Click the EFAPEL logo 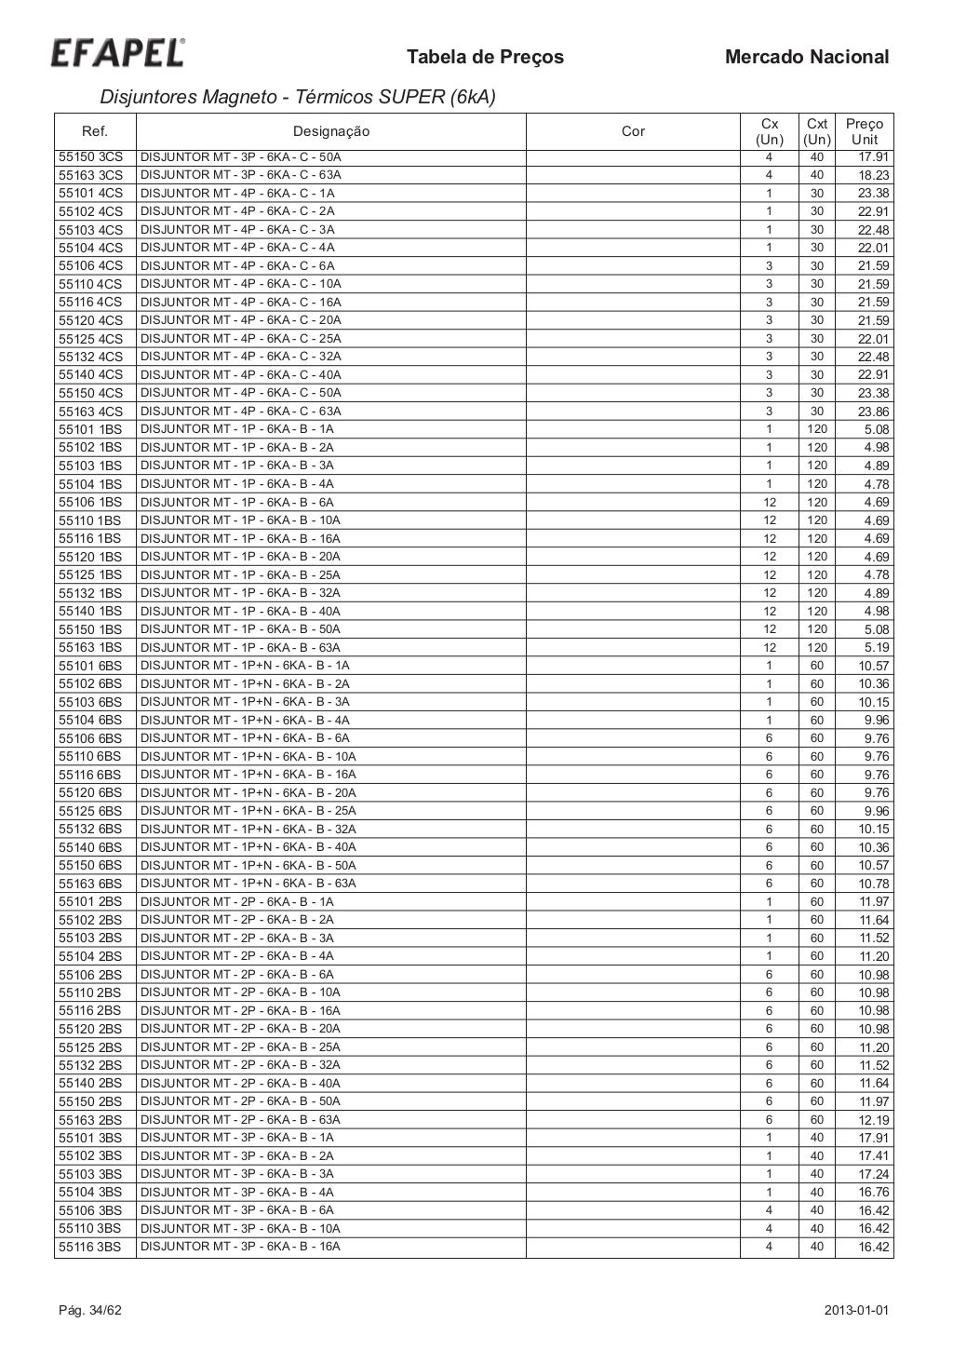pyautogui.click(x=117, y=54)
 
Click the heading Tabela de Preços pyautogui.click(x=485, y=58)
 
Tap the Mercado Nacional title pyautogui.click(x=806, y=58)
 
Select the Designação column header pyautogui.click(x=331, y=132)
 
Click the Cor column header pyautogui.click(x=633, y=132)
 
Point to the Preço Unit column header pyautogui.click(x=865, y=132)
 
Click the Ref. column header pyautogui.click(x=95, y=132)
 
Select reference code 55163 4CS pyautogui.click(x=91, y=412)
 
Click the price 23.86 pyautogui.click(x=873, y=412)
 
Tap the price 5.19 pyautogui.click(x=877, y=648)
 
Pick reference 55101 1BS pyautogui.click(x=91, y=429)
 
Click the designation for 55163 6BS pyautogui.click(x=248, y=884)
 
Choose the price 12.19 pyautogui.click(x=873, y=1120)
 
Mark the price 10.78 pyautogui.click(x=873, y=884)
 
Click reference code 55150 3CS pyautogui.click(x=91, y=156)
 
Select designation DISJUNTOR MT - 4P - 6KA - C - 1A pyautogui.click(x=237, y=194)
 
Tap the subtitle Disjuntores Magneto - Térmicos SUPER pyautogui.click(x=297, y=97)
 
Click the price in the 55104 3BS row pyautogui.click(x=873, y=1193)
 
